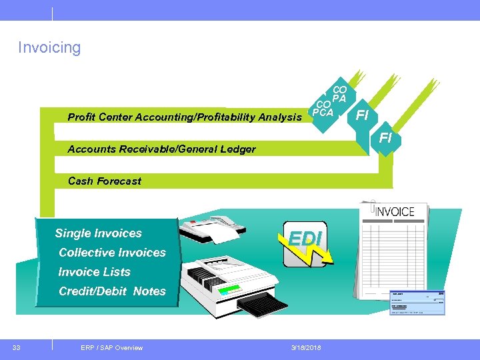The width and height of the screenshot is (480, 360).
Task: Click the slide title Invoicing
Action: click(x=49, y=48)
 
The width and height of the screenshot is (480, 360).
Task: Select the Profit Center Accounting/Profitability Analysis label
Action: click(x=185, y=117)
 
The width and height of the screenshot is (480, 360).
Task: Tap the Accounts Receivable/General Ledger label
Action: click(x=161, y=149)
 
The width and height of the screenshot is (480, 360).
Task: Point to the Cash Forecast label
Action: click(x=105, y=181)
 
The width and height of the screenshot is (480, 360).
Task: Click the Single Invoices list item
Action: click(x=99, y=233)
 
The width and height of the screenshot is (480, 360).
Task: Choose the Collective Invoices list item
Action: click(x=112, y=253)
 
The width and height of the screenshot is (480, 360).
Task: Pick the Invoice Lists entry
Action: click(x=95, y=272)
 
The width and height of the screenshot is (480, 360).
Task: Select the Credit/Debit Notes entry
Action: click(x=112, y=291)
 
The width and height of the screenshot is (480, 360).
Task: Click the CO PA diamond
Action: click(x=340, y=93)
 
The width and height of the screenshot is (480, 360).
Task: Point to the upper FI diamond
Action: click(x=362, y=115)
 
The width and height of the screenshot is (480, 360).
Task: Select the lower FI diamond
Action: click(x=385, y=139)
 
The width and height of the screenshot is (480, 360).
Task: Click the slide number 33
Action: click(x=15, y=347)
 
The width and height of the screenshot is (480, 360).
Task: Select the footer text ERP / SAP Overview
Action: click(x=111, y=347)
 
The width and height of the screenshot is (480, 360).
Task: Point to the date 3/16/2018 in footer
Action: click(x=305, y=347)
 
